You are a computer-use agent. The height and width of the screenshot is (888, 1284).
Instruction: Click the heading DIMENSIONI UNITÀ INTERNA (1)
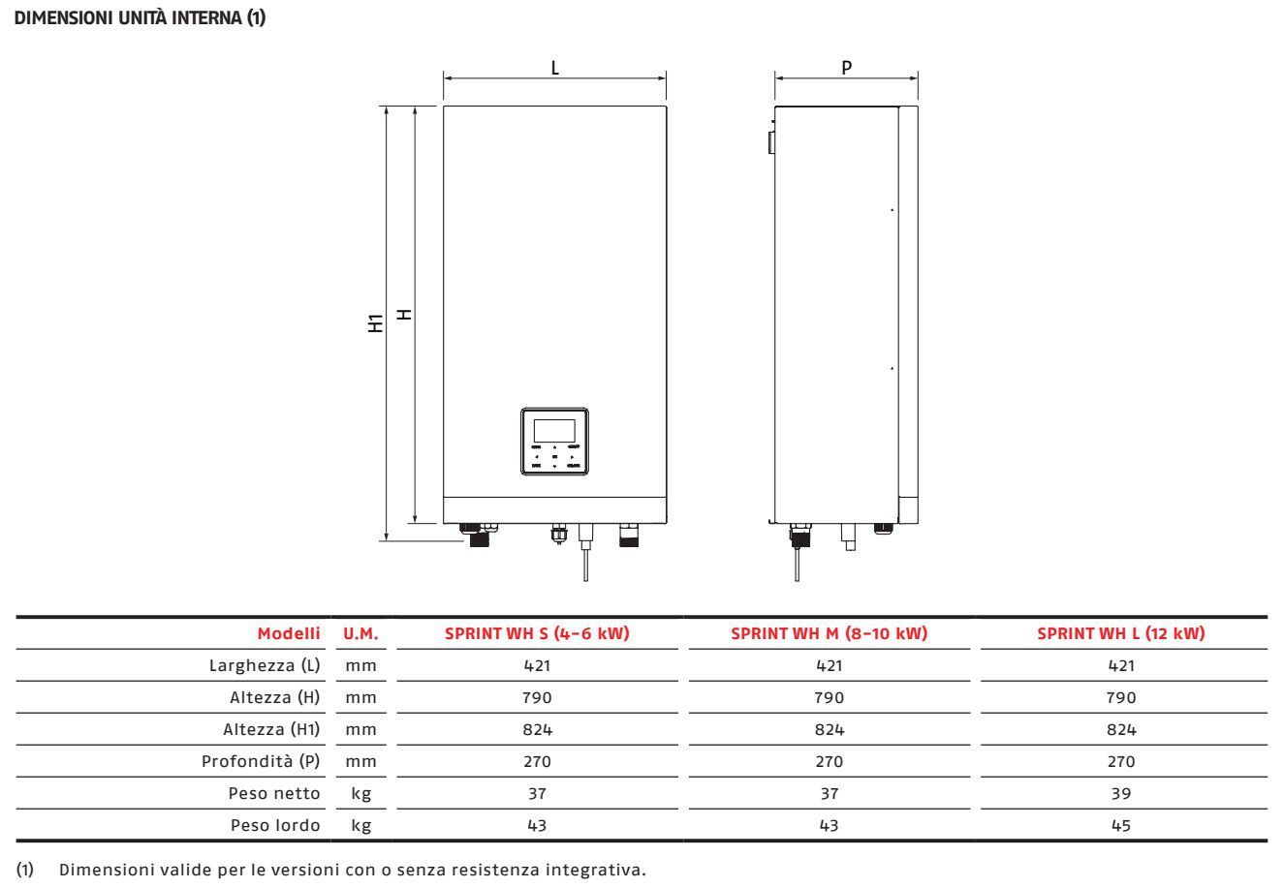click(140, 17)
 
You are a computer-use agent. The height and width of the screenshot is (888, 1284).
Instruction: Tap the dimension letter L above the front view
click(555, 68)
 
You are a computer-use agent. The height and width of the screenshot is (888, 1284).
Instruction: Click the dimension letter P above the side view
click(846, 68)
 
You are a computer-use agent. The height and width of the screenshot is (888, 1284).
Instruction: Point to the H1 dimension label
click(375, 323)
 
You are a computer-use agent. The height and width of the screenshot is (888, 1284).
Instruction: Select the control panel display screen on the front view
click(554, 431)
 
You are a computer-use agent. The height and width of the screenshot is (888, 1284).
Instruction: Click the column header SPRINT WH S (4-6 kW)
click(537, 633)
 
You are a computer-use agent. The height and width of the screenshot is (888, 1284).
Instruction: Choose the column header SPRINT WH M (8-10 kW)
click(829, 633)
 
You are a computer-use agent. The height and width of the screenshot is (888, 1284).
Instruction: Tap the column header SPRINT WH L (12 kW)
click(1120, 633)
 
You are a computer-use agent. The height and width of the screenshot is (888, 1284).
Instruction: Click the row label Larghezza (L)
click(265, 665)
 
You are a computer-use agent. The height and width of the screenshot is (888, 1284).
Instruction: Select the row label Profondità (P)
click(261, 761)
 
